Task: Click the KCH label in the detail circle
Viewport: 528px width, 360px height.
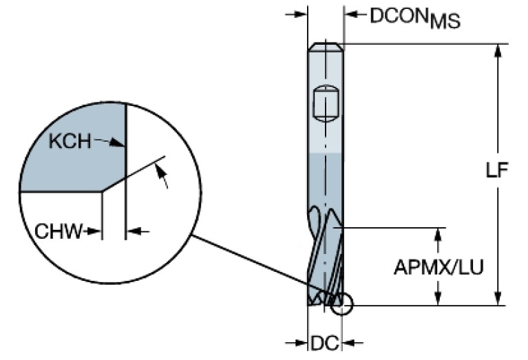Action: [x=70, y=142]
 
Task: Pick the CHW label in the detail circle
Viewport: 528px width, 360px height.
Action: [x=57, y=231]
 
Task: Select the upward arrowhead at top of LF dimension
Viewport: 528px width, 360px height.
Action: [x=497, y=52]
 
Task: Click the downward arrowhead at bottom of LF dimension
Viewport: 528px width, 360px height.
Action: [x=497, y=297]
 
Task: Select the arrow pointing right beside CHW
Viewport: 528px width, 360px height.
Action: [x=95, y=231]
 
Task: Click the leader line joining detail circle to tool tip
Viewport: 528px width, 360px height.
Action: [x=262, y=269]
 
